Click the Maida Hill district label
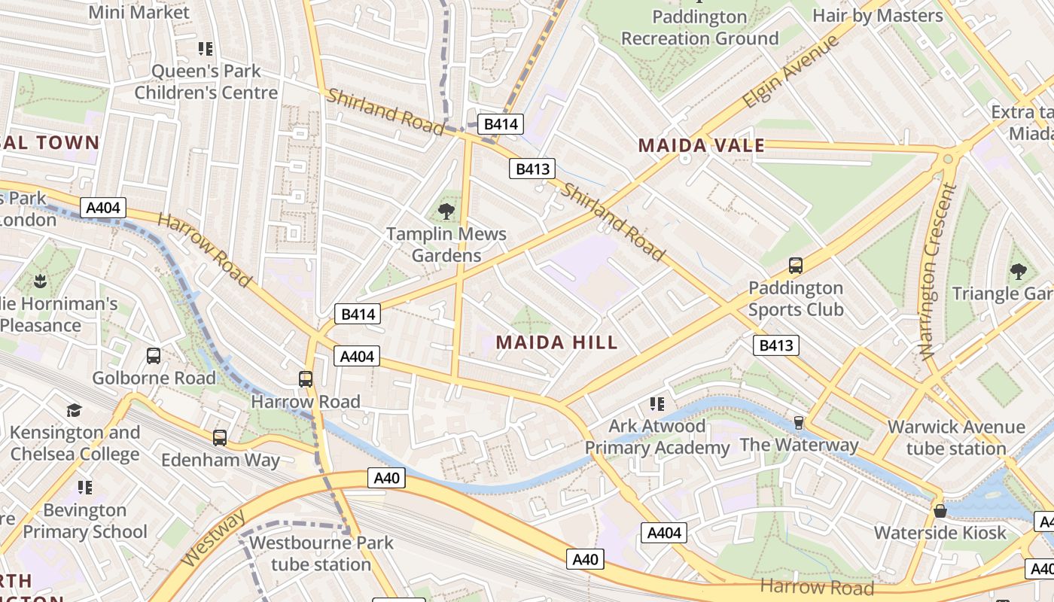pyautogui.click(x=556, y=342)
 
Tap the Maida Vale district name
pyautogui.click(x=701, y=145)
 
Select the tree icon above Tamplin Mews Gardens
pyautogui.click(x=446, y=211)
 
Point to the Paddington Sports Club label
pyautogui.click(x=796, y=299)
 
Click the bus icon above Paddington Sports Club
pyautogui.click(x=796, y=265)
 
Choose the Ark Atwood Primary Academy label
pyautogui.click(x=657, y=437)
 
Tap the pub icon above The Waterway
pyautogui.click(x=799, y=422)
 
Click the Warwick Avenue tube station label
pyautogui.click(x=956, y=438)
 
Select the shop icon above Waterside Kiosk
pyautogui.click(x=940, y=510)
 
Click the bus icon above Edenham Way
pyautogui.click(x=220, y=437)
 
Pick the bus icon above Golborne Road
pyautogui.click(x=154, y=356)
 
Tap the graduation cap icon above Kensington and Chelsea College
pyautogui.click(x=74, y=410)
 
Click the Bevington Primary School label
pyautogui.click(x=85, y=521)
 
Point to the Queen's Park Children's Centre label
pyautogui.click(x=206, y=82)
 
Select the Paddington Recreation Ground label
pyautogui.click(x=699, y=27)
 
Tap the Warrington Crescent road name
pyautogui.click(x=937, y=271)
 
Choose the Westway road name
pyautogui.click(x=214, y=539)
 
